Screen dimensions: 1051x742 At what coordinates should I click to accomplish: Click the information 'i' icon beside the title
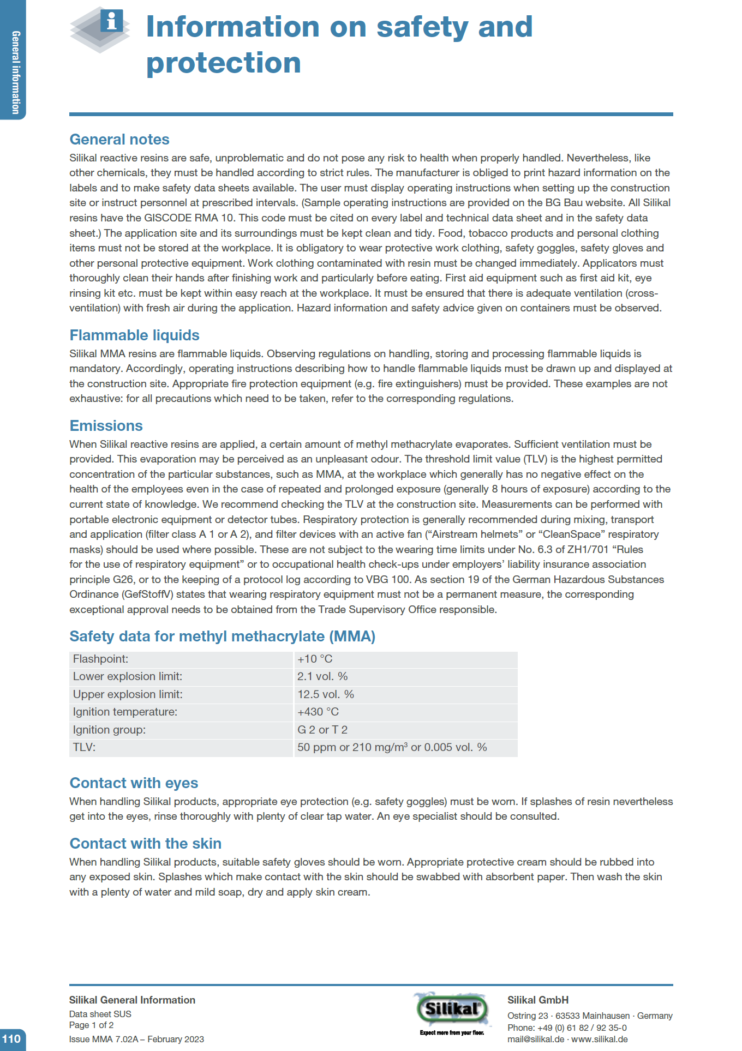(112, 22)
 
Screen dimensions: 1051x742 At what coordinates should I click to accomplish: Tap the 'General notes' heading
(119, 140)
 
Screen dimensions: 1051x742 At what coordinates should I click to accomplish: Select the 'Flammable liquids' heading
(134, 335)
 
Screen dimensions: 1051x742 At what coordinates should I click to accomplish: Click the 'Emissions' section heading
(106, 426)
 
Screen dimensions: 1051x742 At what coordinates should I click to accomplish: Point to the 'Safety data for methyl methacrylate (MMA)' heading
(222, 636)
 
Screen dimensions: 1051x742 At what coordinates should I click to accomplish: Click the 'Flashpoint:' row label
(101, 659)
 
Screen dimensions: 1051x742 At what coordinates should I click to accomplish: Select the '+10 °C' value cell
(315, 659)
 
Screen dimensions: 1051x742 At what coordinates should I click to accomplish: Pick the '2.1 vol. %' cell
(322, 676)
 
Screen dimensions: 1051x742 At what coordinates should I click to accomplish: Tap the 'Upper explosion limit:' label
(128, 694)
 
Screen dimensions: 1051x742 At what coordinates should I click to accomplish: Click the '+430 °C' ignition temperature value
(318, 712)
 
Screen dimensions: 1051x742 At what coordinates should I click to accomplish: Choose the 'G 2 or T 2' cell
(322, 730)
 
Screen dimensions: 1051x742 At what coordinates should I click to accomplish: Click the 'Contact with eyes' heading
(134, 783)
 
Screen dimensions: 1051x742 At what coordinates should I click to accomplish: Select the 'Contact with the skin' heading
(145, 844)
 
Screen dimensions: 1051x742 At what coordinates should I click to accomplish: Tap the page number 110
(11, 1038)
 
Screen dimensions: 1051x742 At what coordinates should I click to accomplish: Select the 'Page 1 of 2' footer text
(91, 1025)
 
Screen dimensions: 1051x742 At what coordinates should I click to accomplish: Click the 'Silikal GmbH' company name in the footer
(538, 1000)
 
